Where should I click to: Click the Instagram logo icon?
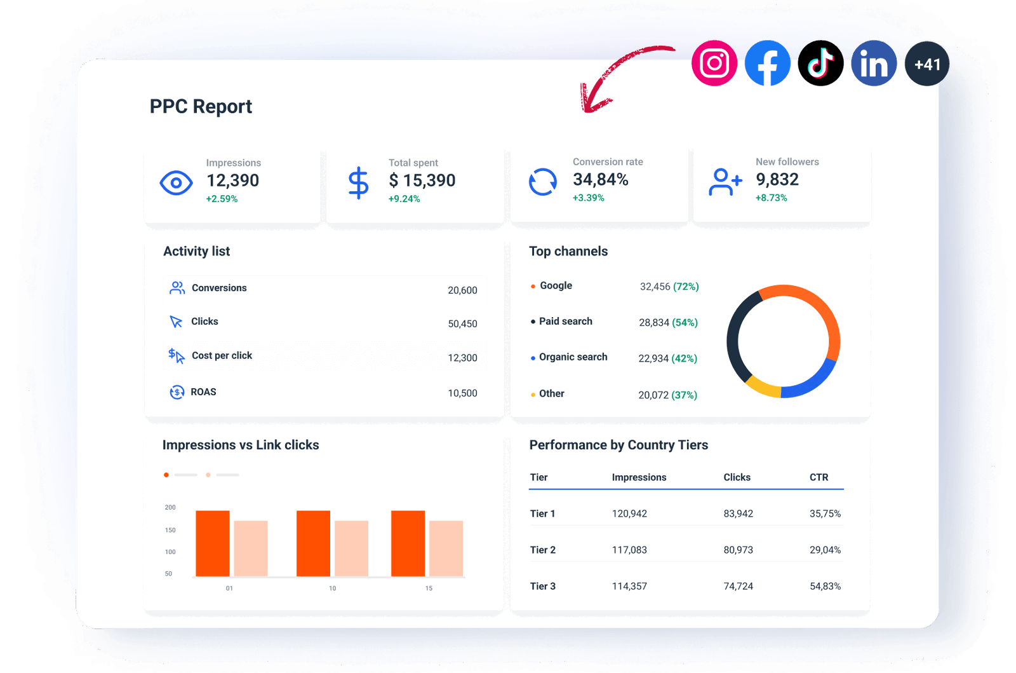coord(714,64)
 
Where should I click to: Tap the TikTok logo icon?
coord(820,64)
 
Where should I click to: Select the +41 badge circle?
coord(927,64)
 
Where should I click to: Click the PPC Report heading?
coord(201,106)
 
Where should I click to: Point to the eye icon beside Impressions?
coord(176,183)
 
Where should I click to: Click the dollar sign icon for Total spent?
coord(358,183)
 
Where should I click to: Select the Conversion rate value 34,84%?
coord(600,180)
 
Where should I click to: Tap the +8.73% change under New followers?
coord(771,198)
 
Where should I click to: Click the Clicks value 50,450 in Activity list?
coord(462,323)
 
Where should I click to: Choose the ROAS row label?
coord(203,391)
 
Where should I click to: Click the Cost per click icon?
coord(176,356)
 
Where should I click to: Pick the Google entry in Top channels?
coord(556,285)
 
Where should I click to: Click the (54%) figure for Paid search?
coord(685,322)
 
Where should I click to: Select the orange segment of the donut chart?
coord(819,305)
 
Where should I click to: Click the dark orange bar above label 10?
coord(313,543)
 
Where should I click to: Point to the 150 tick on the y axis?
coord(170,530)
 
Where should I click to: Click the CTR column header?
coord(819,477)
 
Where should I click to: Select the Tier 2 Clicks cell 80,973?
coord(738,550)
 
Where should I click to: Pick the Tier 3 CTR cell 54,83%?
coord(825,586)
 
